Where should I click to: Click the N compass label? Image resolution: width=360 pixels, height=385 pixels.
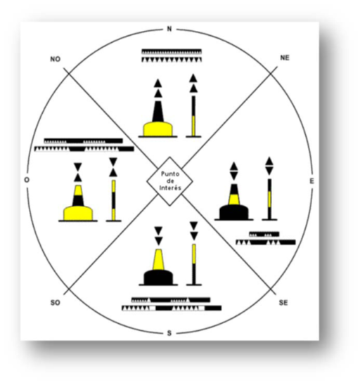coord(169,29)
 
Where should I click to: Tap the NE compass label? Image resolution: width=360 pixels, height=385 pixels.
coord(285,58)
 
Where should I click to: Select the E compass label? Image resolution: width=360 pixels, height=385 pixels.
coord(312,181)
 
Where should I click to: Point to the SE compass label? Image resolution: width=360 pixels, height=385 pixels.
coord(283,303)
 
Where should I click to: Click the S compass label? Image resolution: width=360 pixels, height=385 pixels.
coord(169,333)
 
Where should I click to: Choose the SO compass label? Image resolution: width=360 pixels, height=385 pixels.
coord(56,303)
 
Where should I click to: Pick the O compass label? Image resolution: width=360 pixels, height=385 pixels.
coord(27,180)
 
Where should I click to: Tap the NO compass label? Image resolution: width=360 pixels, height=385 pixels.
coord(56,60)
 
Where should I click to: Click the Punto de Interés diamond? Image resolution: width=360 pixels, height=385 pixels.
coord(169,181)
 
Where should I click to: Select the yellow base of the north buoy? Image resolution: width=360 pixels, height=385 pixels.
coord(157,129)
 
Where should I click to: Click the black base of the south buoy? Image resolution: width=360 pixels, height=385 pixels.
coord(158,278)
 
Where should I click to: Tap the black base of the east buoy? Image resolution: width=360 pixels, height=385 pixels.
coord(234,212)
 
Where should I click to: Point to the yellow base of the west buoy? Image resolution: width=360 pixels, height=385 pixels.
coord(78,214)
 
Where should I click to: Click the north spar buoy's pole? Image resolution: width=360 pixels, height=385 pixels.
coord(193,116)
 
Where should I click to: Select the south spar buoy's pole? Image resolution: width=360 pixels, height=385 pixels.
coord(194,264)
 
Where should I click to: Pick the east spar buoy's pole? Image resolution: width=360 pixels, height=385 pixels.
coord(269,199)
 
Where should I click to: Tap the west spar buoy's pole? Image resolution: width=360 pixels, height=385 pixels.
coord(113,200)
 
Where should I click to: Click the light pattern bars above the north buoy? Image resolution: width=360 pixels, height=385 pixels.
coord(172,56)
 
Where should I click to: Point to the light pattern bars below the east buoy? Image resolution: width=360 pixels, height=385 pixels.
coord(266,238)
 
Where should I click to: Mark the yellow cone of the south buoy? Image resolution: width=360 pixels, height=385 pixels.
coord(158,259)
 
